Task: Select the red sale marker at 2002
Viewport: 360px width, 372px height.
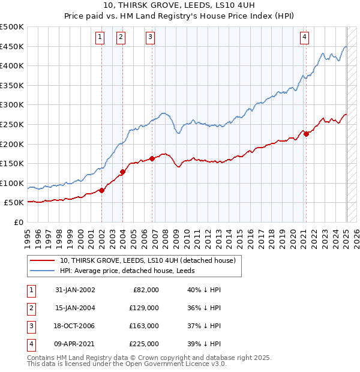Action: pyautogui.click(x=101, y=190)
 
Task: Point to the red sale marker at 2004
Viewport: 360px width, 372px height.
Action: pyautogui.click(x=122, y=172)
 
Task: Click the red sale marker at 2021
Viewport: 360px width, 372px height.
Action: pyautogui.click(x=306, y=134)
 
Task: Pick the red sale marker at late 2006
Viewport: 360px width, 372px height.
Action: pyautogui.click(x=152, y=158)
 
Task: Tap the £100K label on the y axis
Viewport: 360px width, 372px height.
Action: pyautogui.click(x=12, y=183)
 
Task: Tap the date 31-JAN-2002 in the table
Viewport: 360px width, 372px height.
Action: pyautogui.click(x=75, y=290)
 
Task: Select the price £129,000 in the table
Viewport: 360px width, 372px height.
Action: pyautogui.click(x=145, y=308)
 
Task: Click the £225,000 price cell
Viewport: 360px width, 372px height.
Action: pyautogui.click(x=145, y=344)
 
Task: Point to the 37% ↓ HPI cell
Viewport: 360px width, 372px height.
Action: pyautogui.click(x=204, y=326)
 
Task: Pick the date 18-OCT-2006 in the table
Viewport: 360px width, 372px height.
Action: pyautogui.click(x=75, y=326)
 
